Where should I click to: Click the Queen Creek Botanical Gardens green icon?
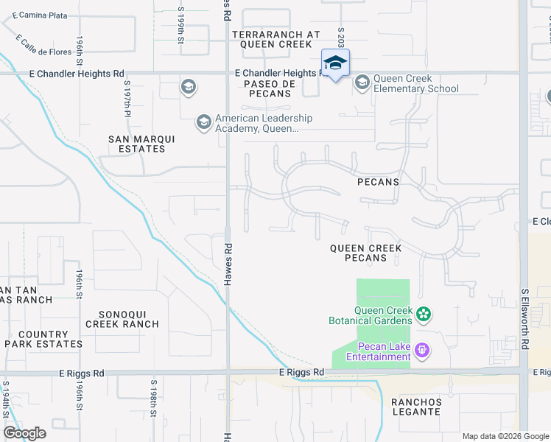pyautogui.click(x=423, y=315)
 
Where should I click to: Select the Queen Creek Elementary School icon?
pyautogui.click(x=362, y=83)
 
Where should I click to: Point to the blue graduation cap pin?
pyautogui.click(x=335, y=63)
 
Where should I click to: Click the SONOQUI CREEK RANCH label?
pyautogui.click(x=122, y=319)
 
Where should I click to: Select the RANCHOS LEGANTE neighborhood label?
pyautogui.click(x=416, y=407)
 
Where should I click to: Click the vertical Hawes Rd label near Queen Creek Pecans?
pyautogui.click(x=228, y=265)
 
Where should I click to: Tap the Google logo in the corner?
pyautogui.click(x=25, y=432)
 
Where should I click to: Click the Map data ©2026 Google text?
pyautogui.click(x=505, y=436)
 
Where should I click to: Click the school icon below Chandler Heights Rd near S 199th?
pyautogui.click(x=188, y=88)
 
